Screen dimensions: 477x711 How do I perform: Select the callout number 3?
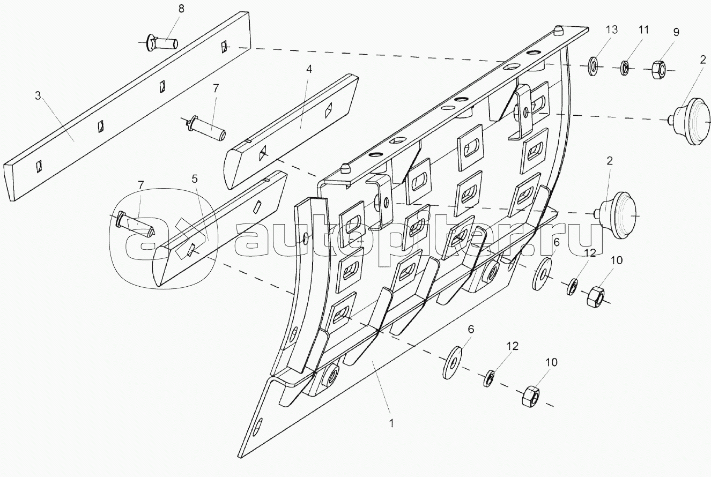click(x=38, y=96)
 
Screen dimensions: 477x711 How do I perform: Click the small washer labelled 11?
click(x=625, y=68)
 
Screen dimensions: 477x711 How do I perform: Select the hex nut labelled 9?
click(x=660, y=69)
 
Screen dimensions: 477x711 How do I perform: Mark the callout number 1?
click(x=391, y=423)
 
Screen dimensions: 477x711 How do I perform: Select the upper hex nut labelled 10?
click(x=597, y=296)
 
